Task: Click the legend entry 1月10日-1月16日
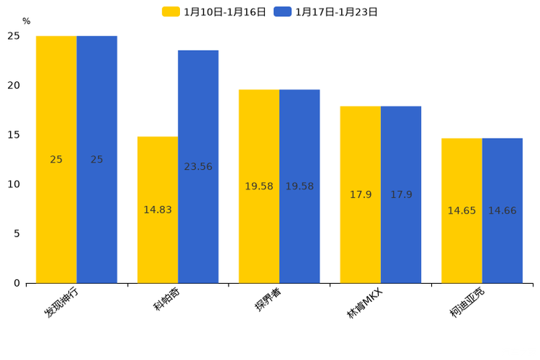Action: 214,12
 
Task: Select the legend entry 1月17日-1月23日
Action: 326,12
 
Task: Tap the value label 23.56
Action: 198,167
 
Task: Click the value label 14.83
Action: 157,210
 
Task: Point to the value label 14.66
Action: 502,210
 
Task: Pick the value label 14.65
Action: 462,210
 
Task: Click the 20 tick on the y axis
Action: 15,86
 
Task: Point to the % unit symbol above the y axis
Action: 26,22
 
